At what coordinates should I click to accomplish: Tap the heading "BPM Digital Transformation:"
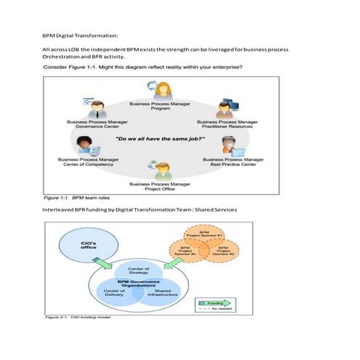point(80,35)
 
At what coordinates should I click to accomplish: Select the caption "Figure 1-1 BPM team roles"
point(76,197)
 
